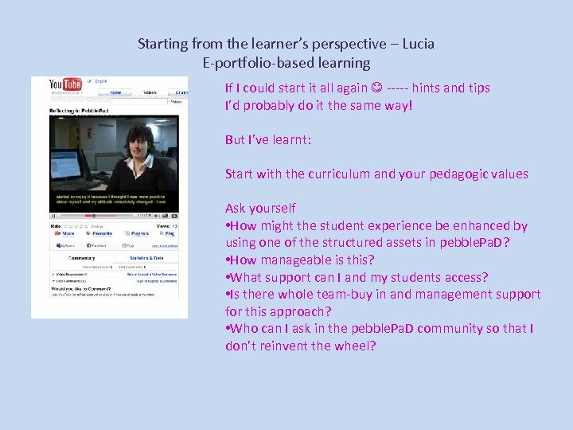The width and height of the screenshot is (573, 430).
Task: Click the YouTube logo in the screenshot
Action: click(65, 84)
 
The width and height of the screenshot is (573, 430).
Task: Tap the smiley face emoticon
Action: click(377, 88)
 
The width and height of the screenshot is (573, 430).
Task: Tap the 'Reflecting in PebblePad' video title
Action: click(80, 110)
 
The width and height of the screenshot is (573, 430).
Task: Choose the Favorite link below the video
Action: click(102, 234)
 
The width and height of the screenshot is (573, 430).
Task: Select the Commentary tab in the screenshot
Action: click(81, 258)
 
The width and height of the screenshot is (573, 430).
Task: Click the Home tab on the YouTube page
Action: click(116, 92)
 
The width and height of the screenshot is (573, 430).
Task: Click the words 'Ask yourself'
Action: click(260, 209)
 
